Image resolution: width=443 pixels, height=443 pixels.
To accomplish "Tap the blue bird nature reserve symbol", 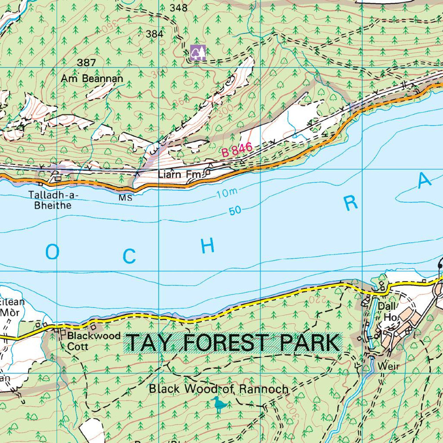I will (x=218, y=404).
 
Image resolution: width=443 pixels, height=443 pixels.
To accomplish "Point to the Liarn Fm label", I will (x=179, y=174).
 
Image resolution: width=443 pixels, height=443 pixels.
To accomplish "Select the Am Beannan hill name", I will (x=92, y=79).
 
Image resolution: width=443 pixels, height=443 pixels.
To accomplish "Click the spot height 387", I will (x=86, y=63).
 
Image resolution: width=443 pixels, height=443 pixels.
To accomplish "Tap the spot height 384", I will (x=154, y=34).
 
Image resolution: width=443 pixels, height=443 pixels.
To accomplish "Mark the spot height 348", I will (x=179, y=8).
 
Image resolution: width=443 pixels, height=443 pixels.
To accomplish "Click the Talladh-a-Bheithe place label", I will (x=53, y=200).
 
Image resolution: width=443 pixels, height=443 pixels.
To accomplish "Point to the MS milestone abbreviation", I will (x=125, y=198).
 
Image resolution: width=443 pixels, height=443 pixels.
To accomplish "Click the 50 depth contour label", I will (x=235, y=210).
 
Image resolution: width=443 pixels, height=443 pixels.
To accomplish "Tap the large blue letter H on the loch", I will (x=208, y=246).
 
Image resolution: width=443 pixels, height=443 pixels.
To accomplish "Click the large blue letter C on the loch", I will (x=129, y=256).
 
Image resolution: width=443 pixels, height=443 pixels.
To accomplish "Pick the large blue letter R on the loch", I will (x=351, y=204).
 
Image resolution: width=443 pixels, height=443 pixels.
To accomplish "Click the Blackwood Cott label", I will (x=93, y=341).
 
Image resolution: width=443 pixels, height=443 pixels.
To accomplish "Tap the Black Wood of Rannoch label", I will (x=218, y=389).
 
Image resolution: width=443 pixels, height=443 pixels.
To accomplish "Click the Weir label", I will (x=388, y=366).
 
